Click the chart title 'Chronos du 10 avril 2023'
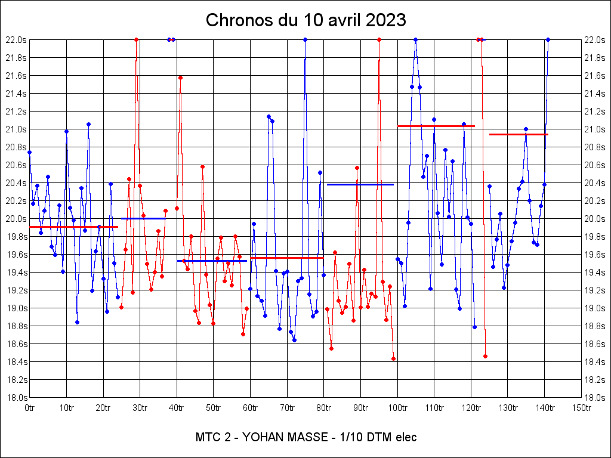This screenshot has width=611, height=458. (305, 20)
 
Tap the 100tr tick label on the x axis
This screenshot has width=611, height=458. (397, 408)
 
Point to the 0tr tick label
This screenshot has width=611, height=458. (30, 408)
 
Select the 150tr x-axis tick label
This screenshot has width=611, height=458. (581, 408)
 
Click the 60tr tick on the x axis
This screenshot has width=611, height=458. (251, 408)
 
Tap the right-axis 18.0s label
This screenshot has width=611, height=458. (595, 398)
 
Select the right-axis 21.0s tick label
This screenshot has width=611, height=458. (595, 129)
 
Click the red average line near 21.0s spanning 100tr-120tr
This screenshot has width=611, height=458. (436, 126)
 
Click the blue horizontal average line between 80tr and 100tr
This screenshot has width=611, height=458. (360, 184)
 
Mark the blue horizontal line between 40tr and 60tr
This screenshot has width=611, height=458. (212, 261)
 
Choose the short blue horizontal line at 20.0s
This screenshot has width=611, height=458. (143, 218)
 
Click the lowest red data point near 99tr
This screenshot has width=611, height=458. (393, 358)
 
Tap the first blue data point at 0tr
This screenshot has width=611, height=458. (30, 152)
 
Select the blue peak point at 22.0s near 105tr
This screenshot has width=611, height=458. (415, 39)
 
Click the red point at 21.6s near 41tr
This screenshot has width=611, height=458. (180, 78)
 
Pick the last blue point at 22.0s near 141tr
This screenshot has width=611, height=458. (548, 39)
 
